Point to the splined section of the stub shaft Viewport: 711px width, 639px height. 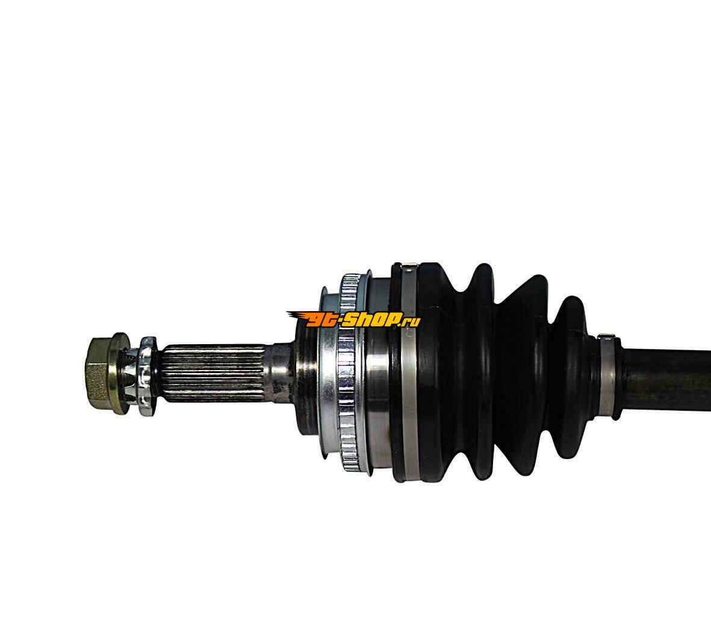click(x=213, y=375)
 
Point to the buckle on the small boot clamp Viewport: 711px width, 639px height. click(x=606, y=338)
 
